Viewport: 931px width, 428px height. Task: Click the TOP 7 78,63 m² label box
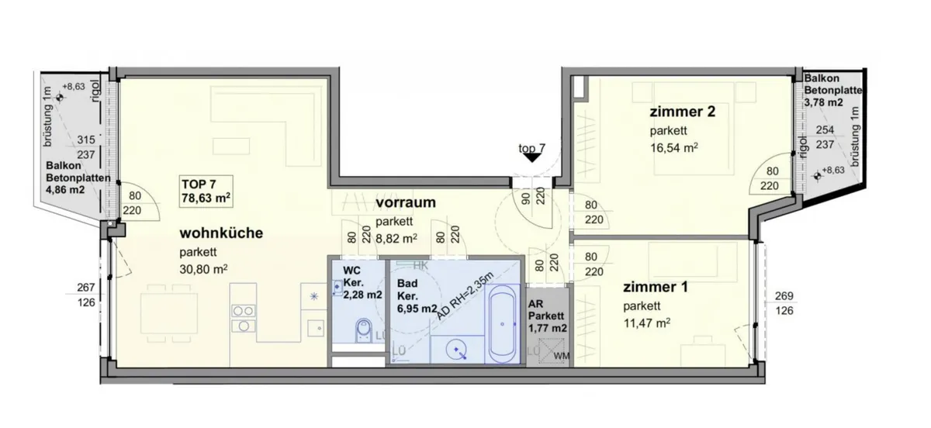[x=206, y=192]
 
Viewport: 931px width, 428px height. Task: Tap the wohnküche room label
[x=221, y=233]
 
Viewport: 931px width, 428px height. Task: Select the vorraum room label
[x=406, y=203]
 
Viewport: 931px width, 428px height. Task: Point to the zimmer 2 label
[x=683, y=112]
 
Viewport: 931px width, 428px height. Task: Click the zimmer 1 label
[x=656, y=287]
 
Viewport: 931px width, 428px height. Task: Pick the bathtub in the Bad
[x=502, y=324]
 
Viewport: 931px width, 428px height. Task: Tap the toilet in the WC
[x=364, y=330]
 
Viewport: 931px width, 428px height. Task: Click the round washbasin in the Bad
[x=456, y=350]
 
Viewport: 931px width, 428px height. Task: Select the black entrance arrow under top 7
[x=531, y=158]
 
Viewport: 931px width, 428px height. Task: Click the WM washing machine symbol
[x=552, y=351]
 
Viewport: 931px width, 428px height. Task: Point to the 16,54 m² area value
[x=673, y=147]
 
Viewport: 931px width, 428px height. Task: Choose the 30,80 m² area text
[x=203, y=269]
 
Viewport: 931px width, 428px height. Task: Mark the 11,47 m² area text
[x=647, y=323]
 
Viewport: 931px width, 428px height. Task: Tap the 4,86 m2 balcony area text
[x=65, y=190]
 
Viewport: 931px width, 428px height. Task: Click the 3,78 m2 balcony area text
[x=824, y=102]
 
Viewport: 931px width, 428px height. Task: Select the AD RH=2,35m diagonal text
[x=465, y=296]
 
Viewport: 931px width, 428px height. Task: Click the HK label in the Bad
[x=421, y=266]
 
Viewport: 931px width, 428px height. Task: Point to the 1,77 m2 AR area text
[x=548, y=328]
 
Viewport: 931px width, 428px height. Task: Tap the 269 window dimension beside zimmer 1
[x=784, y=296]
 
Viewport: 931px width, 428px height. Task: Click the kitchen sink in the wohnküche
[x=316, y=328]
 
